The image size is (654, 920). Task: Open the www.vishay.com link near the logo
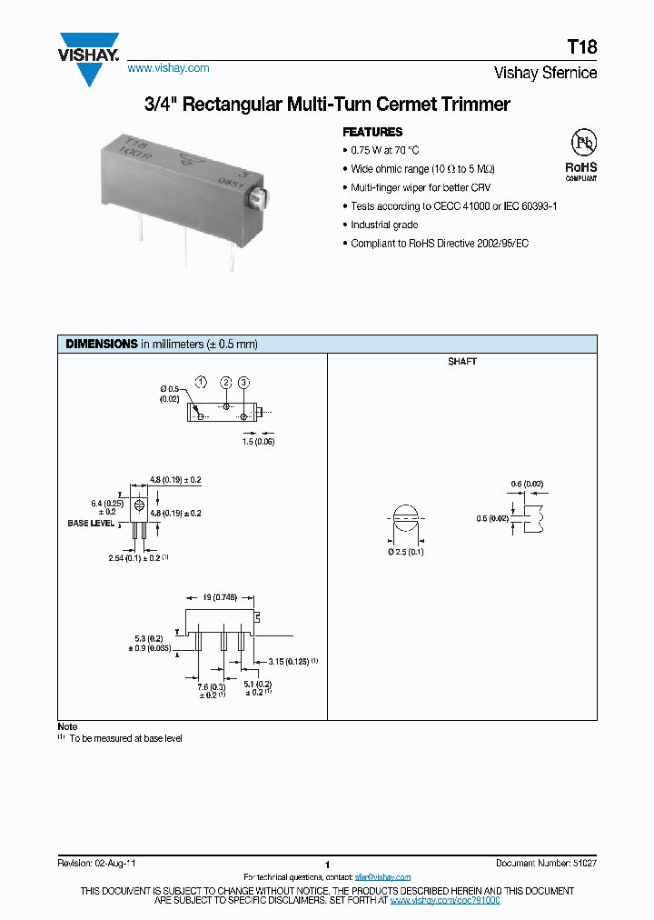(x=168, y=68)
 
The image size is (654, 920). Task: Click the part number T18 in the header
(x=582, y=48)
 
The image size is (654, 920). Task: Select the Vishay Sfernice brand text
(x=545, y=73)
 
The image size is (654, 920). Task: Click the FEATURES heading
(x=372, y=132)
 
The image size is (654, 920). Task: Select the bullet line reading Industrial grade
(x=385, y=225)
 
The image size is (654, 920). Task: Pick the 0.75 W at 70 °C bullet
(x=385, y=150)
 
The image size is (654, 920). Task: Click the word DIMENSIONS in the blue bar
(x=101, y=345)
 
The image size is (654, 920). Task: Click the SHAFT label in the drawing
(x=461, y=362)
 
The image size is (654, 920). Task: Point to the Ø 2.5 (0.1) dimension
(x=406, y=552)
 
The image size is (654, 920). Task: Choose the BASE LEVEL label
(x=91, y=524)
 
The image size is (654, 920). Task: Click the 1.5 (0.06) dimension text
(x=258, y=442)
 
